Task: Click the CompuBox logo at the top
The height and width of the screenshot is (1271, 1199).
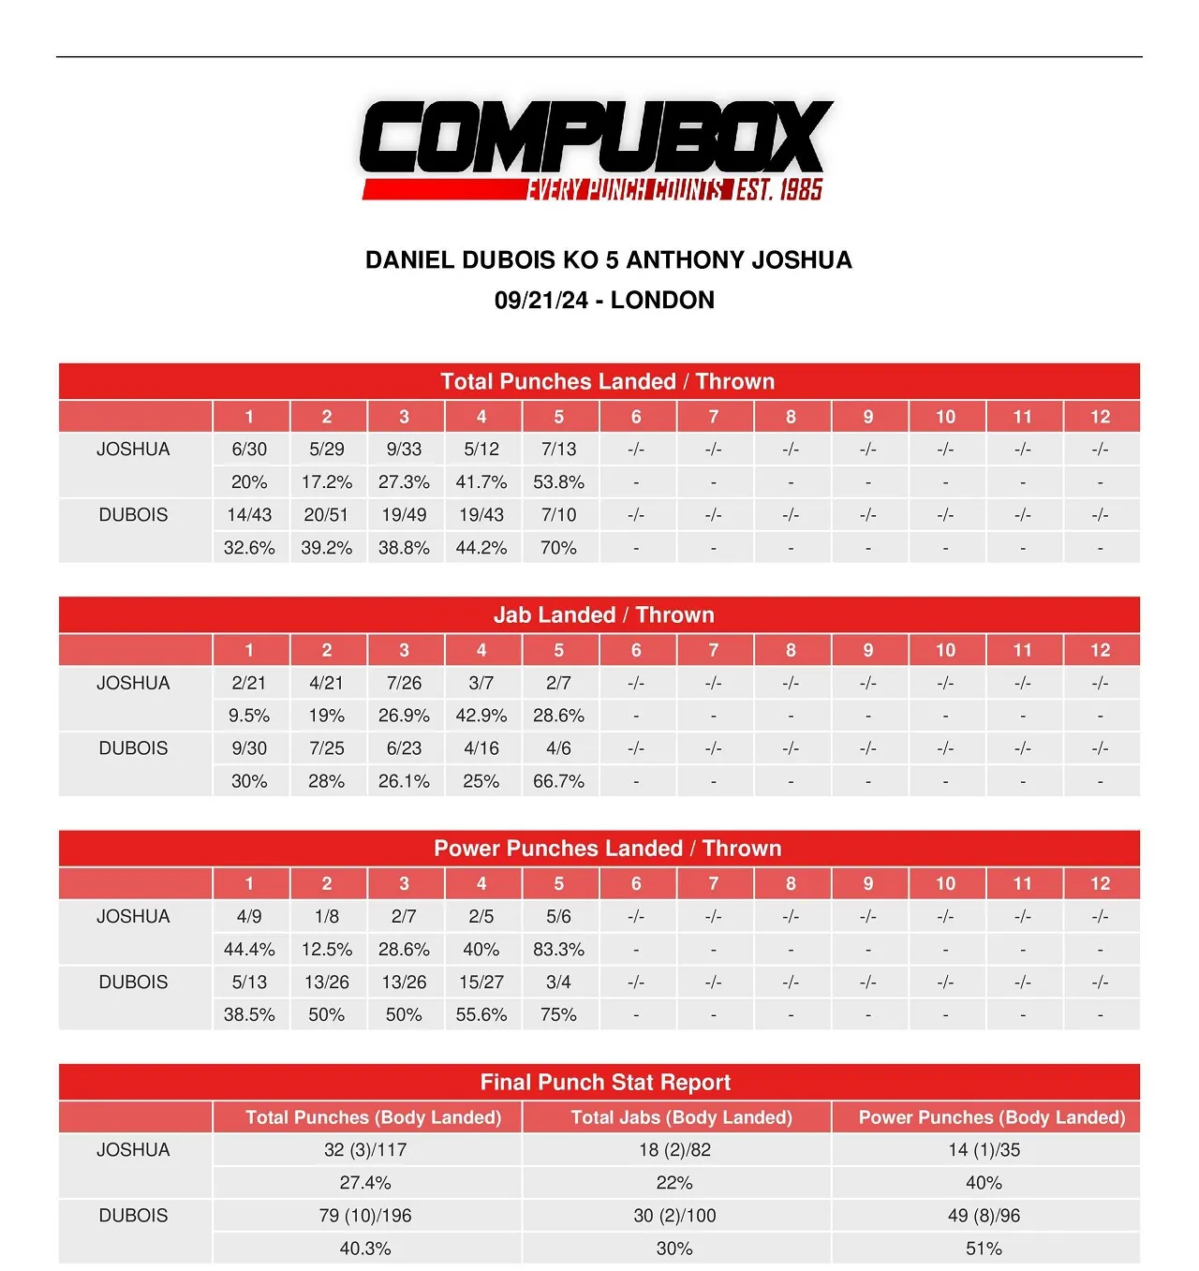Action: pos(596,150)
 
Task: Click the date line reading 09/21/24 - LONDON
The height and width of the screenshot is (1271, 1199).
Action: pos(604,301)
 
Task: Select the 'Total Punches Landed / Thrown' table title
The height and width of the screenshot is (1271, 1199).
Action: pos(607,382)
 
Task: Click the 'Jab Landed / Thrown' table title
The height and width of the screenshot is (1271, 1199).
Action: pos(603,615)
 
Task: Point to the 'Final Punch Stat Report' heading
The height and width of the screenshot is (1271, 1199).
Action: pos(605,1083)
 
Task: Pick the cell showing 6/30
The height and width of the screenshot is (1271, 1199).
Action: pos(249,450)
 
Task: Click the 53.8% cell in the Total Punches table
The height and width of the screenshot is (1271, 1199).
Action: pos(558,482)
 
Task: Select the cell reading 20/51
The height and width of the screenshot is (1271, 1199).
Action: pos(326,515)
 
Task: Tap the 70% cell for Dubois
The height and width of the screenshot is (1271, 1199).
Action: pos(558,548)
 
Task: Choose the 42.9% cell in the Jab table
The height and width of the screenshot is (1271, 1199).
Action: pos(481,716)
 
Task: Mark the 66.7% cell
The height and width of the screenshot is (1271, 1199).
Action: pos(558,781)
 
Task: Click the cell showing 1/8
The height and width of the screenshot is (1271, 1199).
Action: pos(326,917)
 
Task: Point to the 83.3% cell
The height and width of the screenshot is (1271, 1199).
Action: pos(558,950)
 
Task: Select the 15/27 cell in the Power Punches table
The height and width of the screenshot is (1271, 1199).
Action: pos(481,983)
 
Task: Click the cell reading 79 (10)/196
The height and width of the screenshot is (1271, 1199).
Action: pos(365,1216)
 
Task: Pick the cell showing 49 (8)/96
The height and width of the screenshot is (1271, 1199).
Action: pos(984,1216)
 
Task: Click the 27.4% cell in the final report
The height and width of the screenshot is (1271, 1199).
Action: pos(365,1183)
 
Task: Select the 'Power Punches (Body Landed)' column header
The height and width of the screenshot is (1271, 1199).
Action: pos(991,1117)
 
